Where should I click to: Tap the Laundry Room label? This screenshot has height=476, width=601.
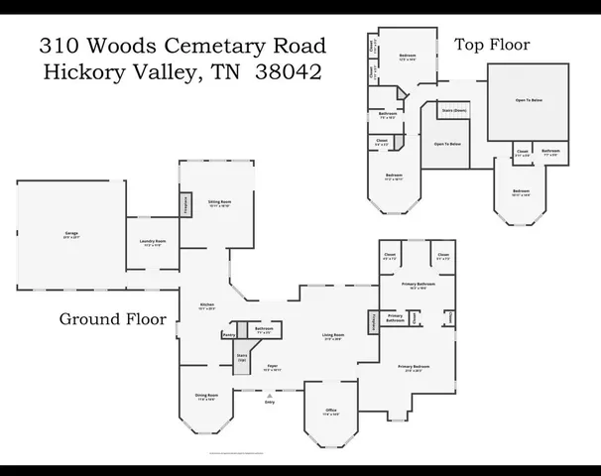point(153,243)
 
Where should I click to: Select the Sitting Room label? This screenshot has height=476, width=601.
point(218,203)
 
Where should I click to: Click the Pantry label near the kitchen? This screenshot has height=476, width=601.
point(229,335)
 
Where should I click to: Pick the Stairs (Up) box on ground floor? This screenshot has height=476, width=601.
point(241,356)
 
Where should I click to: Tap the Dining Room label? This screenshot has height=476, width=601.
point(205,397)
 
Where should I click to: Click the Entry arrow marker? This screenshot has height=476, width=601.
point(269,395)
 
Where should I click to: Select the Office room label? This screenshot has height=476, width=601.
point(331,412)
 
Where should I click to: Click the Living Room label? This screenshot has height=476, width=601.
point(332,337)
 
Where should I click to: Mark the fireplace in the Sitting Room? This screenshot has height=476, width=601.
point(185,202)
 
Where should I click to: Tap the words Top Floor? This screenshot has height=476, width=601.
point(493,45)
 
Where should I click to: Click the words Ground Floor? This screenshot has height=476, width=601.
point(111,318)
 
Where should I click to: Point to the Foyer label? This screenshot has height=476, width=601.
point(271,366)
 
